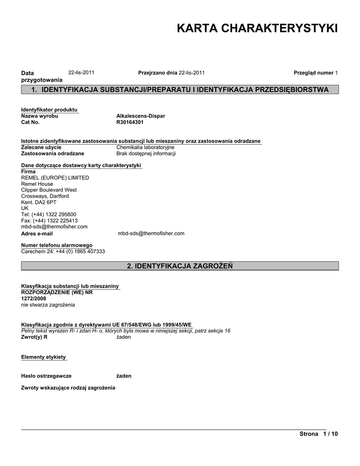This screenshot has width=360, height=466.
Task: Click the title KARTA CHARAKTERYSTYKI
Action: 257,29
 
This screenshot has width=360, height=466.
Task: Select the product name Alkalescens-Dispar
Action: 141,116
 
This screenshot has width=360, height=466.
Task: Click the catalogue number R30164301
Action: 130,122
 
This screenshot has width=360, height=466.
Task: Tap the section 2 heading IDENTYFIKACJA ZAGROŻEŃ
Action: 180,266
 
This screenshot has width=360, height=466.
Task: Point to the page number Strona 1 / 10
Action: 319,434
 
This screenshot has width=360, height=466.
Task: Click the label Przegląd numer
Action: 314,73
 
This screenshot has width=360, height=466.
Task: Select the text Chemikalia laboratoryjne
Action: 145,147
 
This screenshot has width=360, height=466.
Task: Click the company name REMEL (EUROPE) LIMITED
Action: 55,177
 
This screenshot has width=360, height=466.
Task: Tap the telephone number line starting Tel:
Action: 49,214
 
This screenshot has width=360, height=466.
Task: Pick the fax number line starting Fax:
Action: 49,221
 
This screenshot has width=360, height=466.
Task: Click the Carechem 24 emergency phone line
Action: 63,251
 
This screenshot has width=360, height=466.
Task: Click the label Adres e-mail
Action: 37,233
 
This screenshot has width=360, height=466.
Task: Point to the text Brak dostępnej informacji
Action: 146,154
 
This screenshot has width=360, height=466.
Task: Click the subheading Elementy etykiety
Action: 44,357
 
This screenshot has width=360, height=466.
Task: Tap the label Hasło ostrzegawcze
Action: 46,376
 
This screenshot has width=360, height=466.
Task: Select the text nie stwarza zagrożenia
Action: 48,304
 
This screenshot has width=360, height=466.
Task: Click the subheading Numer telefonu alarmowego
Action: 57,245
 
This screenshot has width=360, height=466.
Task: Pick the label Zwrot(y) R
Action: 35,337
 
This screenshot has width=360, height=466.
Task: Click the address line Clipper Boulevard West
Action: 49,190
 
